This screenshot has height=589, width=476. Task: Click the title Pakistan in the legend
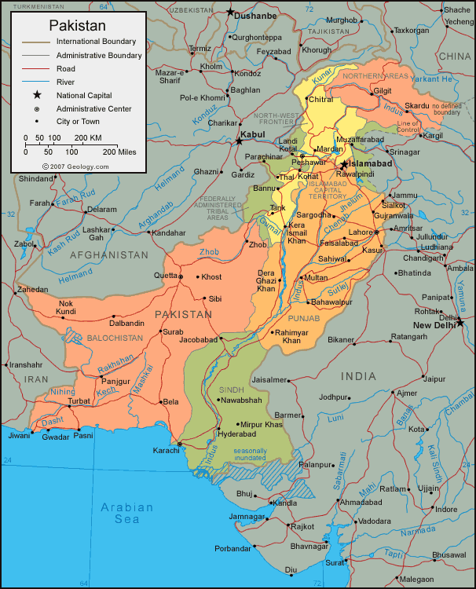[x=79, y=26]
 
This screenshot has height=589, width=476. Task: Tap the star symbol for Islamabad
[x=343, y=164]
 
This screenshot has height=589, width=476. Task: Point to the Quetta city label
[x=165, y=276]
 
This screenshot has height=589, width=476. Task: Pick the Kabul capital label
[x=254, y=134]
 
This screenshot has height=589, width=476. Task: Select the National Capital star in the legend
[x=37, y=95]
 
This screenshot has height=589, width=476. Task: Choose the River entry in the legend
[x=66, y=81]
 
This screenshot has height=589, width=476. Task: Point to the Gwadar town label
[x=56, y=436]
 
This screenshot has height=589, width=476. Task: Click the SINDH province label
[x=232, y=389]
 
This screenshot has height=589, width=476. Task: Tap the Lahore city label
[x=361, y=232]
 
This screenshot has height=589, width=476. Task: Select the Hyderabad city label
[x=237, y=434]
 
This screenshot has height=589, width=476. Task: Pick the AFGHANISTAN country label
[x=108, y=255]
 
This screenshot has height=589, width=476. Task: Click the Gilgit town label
[x=383, y=91]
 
